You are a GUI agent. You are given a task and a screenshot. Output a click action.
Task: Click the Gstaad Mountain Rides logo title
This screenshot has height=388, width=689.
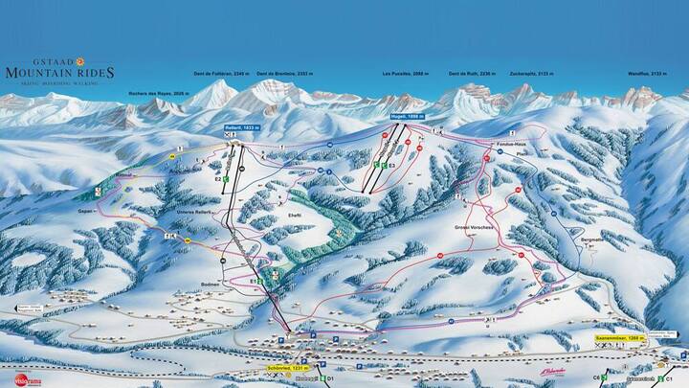click(59, 71)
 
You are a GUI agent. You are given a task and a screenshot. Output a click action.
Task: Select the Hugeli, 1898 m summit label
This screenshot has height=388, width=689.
click(407, 116)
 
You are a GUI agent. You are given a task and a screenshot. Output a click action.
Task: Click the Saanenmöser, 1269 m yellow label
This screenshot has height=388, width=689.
click(643, 338)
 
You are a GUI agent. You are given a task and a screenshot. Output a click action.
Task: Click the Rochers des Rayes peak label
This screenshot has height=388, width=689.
click(159, 93)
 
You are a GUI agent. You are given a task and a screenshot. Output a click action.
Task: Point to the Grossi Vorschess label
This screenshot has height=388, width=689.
click(473, 227)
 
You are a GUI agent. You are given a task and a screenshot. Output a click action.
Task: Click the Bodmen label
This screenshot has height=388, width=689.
click(211, 284)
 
